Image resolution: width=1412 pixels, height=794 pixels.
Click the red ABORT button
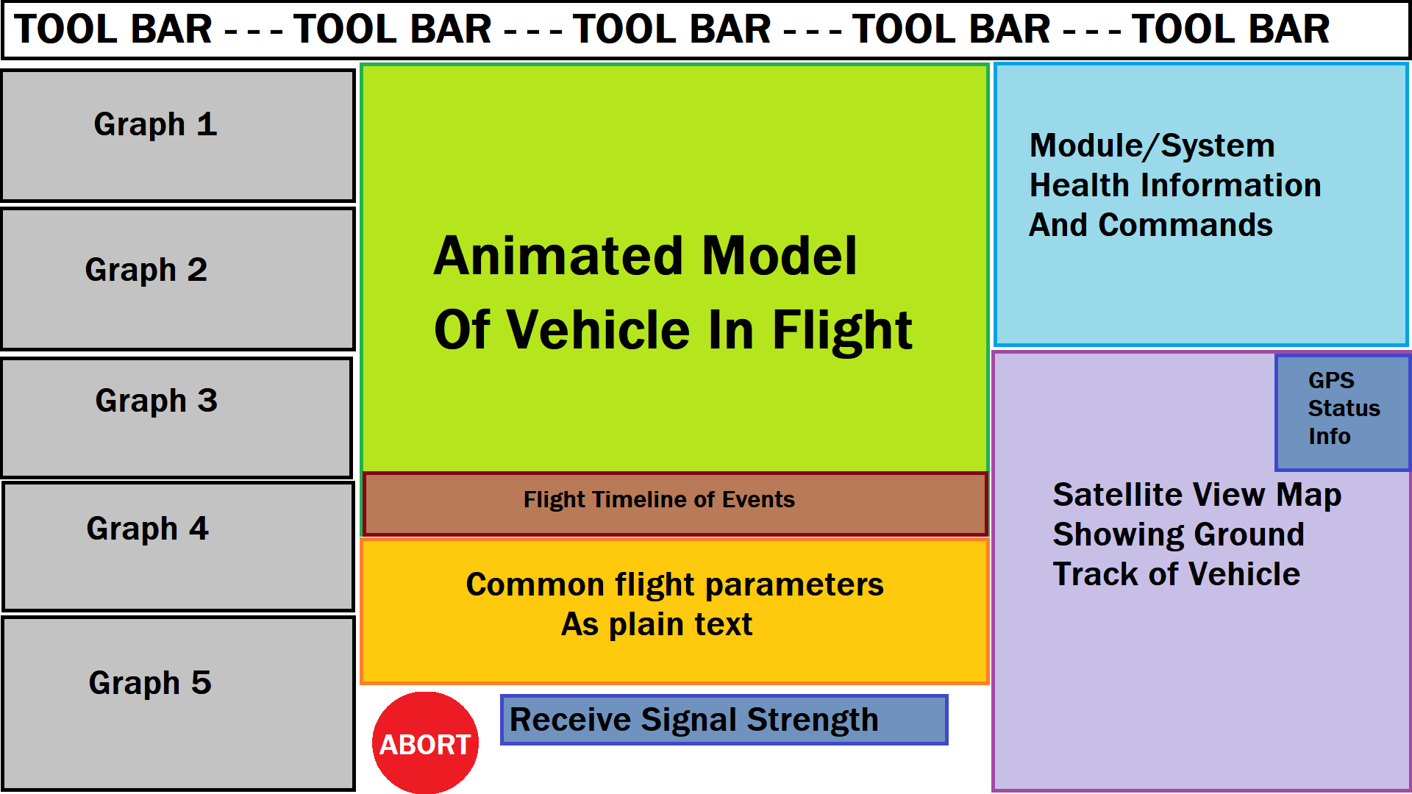[425, 743]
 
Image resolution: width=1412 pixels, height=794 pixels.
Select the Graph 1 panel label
[155, 124]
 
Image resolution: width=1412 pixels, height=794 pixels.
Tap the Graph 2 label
[146, 270]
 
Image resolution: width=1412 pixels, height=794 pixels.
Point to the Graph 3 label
[156, 401]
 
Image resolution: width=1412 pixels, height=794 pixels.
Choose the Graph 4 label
[147, 529]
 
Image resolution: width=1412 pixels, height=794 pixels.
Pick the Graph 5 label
[150, 683]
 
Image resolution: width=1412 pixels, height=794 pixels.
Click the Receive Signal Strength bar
[724, 720]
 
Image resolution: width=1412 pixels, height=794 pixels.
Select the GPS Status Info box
[1342, 409]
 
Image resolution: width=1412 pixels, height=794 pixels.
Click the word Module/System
[1152, 146]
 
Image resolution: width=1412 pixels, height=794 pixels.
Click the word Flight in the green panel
[842, 329]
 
